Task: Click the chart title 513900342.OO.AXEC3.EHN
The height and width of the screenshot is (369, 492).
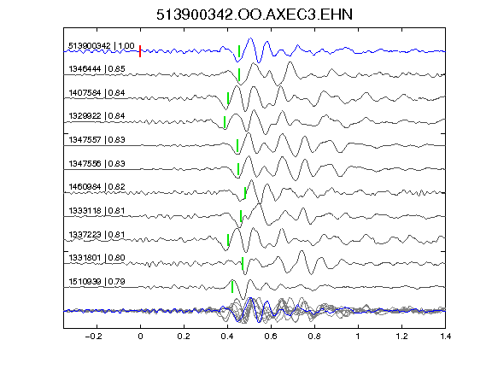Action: [255, 15]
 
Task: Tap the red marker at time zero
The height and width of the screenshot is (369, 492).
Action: [140, 51]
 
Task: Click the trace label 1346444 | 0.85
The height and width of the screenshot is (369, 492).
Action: [97, 68]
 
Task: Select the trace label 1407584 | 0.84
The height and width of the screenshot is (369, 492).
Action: [97, 93]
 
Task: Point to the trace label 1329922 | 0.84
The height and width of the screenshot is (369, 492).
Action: [97, 116]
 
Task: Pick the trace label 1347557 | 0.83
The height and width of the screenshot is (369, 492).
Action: [97, 139]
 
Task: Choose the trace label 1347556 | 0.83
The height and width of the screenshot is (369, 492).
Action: [97, 163]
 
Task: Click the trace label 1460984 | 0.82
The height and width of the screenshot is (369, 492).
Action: [97, 187]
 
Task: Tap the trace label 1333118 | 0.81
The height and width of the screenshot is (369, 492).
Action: [97, 210]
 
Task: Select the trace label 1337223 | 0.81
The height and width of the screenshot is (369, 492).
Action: [97, 234]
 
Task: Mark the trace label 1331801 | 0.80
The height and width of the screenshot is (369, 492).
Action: [97, 258]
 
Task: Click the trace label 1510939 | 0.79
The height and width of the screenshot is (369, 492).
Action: [97, 282]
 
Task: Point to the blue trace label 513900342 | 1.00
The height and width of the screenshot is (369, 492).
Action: [102, 46]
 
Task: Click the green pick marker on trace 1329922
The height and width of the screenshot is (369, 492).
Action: [225, 122]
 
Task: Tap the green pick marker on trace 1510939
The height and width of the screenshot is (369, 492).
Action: [232, 287]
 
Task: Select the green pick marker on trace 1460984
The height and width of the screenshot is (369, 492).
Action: [245, 193]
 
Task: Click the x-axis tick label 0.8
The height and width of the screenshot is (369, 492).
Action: [314, 337]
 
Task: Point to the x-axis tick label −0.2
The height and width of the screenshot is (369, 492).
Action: [94, 337]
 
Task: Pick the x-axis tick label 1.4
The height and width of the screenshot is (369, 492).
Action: [446, 337]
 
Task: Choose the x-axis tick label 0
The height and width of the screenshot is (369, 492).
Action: [140, 337]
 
